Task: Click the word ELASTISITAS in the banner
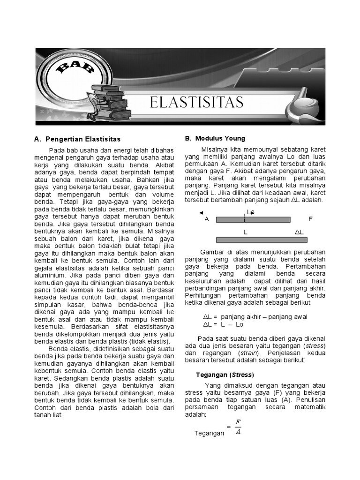tap(196, 102)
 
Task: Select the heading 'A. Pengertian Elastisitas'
tap(77, 139)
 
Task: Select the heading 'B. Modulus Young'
tap(215, 138)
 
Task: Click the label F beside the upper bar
tap(310, 219)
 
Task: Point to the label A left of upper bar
tap(207, 219)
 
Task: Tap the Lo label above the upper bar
tap(250, 212)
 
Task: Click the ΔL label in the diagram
tap(299, 232)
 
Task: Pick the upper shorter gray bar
tap(253, 219)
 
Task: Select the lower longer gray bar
tap(262, 240)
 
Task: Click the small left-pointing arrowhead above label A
tap(201, 213)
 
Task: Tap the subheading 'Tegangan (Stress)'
tap(224, 375)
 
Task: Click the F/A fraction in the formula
tap(238, 427)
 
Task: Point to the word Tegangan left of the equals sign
tap(209, 433)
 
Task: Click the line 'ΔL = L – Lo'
tap(223, 324)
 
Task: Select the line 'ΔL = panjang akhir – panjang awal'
tap(255, 316)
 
